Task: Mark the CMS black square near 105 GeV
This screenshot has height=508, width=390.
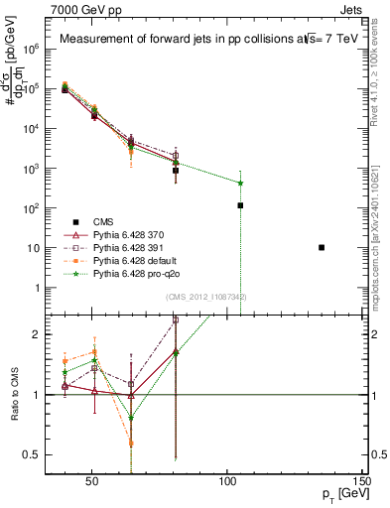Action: tap(240, 205)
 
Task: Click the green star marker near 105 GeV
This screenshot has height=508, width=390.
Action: tap(240, 183)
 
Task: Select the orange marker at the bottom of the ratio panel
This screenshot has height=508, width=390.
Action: tap(131, 444)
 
